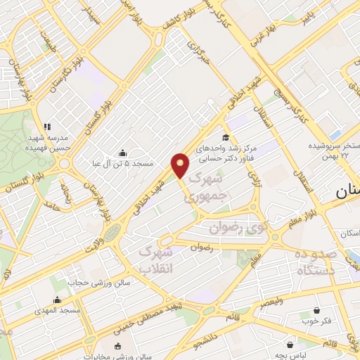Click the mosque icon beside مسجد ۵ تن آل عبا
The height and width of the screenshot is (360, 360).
tap(123, 154)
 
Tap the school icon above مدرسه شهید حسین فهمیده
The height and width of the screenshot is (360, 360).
tap(46, 127)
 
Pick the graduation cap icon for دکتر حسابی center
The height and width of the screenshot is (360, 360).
tap(226, 138)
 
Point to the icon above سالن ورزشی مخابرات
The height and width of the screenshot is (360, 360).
tap(117, 346)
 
